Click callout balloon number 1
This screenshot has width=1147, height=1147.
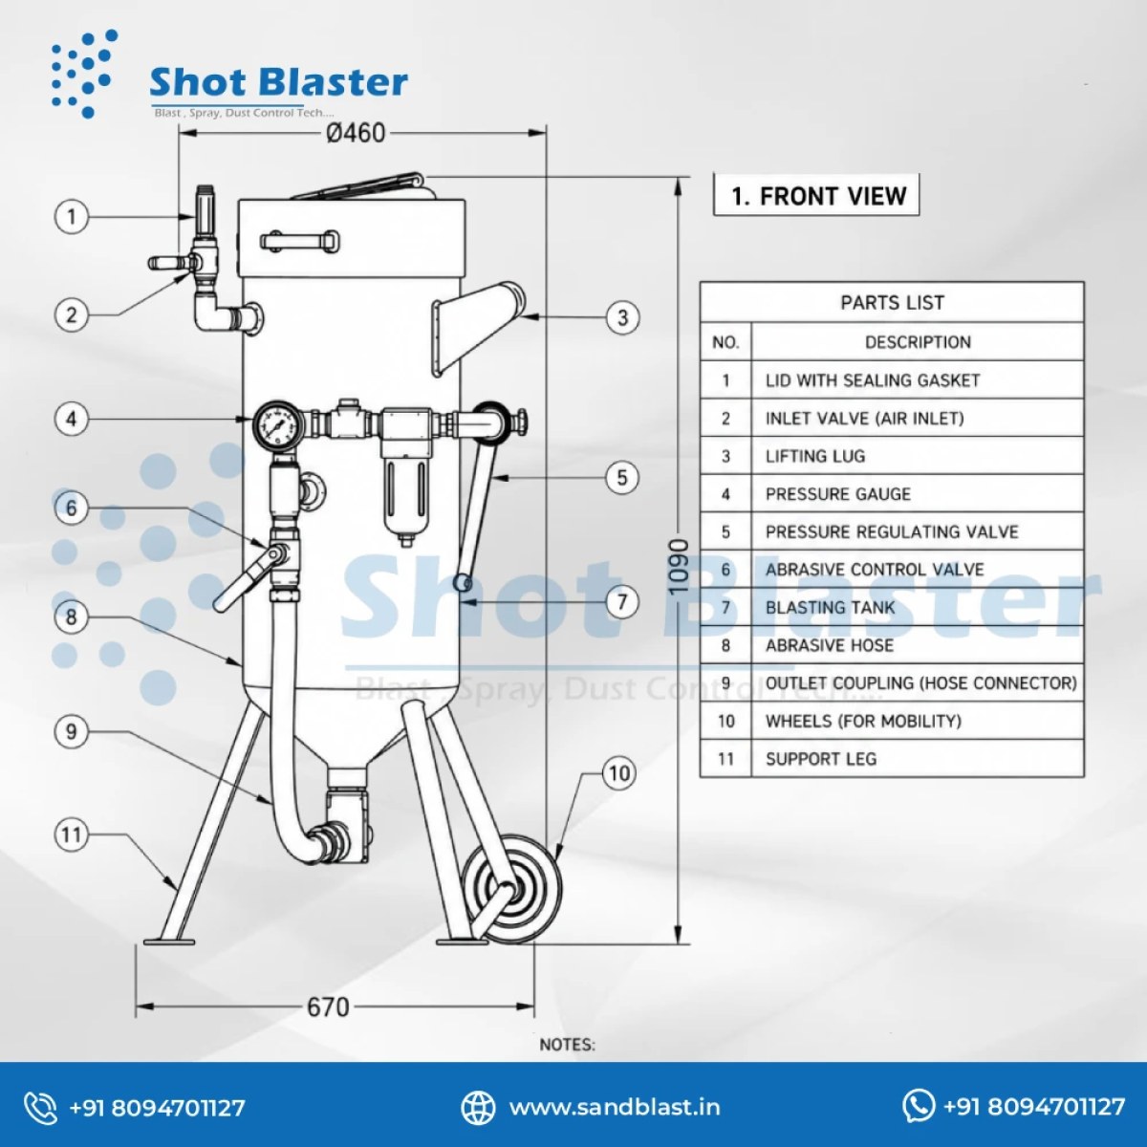point(72,216)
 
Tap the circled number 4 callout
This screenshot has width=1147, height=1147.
point(72,419)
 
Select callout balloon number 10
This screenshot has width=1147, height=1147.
point(619,773)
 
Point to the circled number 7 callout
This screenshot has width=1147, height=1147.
point(622,602)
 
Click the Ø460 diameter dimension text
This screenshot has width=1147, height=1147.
point(356,133)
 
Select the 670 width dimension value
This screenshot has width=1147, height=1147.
point(328,1007)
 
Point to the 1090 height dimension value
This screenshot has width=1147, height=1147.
point(678,566)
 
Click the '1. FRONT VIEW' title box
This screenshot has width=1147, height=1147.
point(816,195)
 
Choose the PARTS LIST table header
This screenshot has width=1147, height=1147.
point(892,302)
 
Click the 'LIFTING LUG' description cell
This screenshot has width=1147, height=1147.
point(918,456)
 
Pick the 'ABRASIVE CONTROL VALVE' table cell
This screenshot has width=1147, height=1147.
point(918,570)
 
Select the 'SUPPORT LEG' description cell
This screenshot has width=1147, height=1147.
point(918,759)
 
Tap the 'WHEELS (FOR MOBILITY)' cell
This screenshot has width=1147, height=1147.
point(918,721)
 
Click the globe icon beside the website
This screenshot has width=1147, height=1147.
point(478,1108)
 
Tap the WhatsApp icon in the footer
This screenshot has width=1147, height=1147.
point(919,1106)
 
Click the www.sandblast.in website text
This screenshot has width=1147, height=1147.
point(615,1108)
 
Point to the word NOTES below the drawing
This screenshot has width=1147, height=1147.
point(567,1045)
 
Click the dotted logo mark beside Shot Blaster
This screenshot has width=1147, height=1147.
point(82,74)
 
